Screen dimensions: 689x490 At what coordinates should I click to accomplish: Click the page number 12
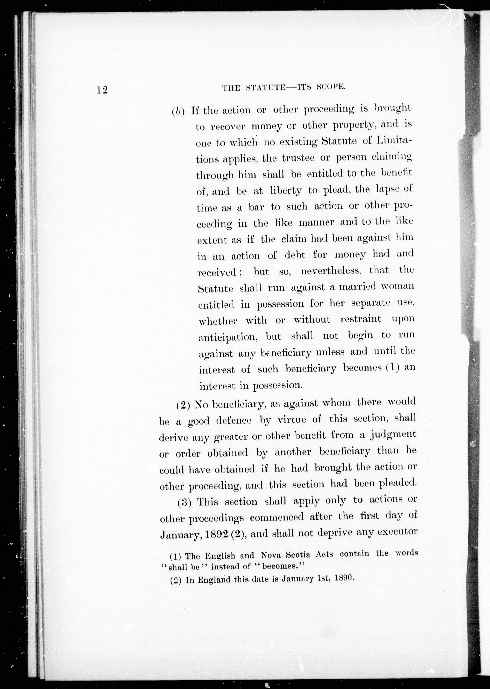[102, 90]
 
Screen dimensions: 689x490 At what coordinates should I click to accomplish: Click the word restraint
[360, 319]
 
